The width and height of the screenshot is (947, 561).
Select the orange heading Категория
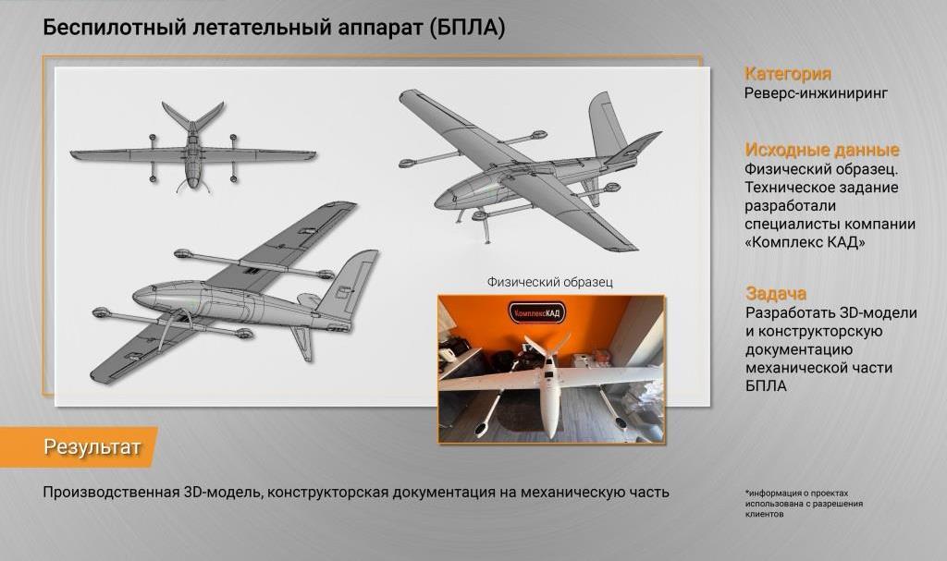(x=787, y=74)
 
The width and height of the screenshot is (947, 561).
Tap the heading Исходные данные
(x=821, y=150)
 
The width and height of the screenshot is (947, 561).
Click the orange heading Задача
(x=775, y=294)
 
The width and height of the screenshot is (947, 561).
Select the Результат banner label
(x=92, y=448)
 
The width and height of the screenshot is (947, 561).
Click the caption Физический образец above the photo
(x=549, y=282)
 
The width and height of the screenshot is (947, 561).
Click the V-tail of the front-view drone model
(x=192, y=116)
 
